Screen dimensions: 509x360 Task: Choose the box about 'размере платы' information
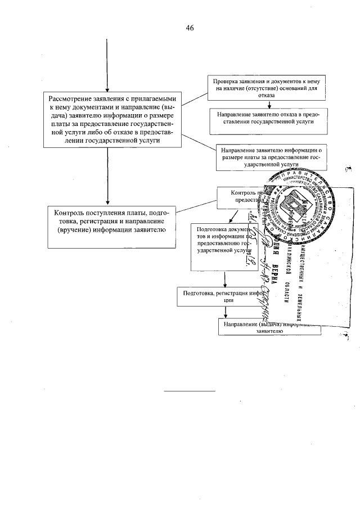coord(271,158)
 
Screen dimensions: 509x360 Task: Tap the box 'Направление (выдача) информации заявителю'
coord(269,327)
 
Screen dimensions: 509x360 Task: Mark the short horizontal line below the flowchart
coord(190,389)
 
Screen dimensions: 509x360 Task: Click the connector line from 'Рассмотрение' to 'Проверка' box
coord(196,97)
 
